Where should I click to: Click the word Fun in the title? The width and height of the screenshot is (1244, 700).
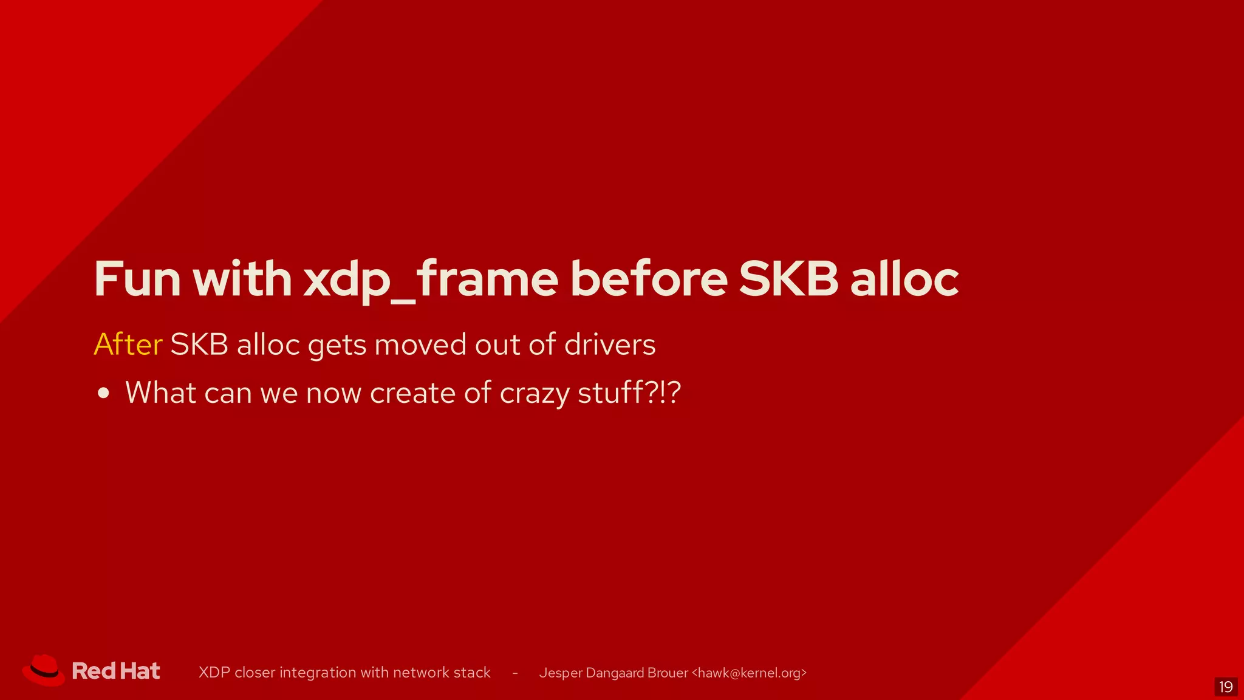137,279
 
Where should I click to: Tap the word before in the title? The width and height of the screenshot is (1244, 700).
648,279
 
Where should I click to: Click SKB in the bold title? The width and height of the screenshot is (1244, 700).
788,279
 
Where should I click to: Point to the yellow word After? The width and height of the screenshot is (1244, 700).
128,345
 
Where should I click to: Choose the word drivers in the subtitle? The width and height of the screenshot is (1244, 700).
610,345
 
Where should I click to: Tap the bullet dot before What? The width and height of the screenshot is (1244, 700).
104,393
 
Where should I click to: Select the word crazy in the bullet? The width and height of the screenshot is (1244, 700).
535,393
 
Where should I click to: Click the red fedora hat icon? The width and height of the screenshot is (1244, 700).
44,671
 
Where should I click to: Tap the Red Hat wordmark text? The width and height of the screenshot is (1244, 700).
116,671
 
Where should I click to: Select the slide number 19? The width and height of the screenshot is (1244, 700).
1226,687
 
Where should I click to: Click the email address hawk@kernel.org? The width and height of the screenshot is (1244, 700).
749,673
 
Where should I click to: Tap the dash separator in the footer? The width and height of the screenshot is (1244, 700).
515,673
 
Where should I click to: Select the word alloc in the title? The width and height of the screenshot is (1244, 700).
904,279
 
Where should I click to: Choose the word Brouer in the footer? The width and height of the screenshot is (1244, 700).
668,673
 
